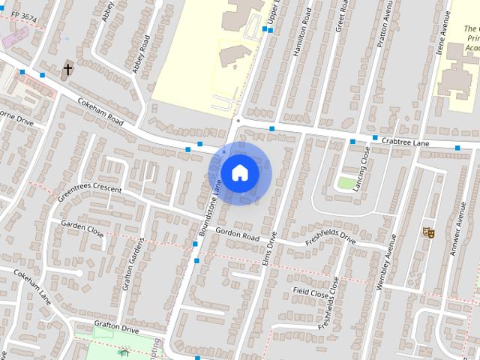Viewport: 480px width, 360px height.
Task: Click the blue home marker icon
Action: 240,173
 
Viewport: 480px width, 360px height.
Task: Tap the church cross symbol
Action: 67,70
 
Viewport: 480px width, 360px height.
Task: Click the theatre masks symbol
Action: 429,232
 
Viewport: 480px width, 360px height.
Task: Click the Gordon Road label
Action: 237,235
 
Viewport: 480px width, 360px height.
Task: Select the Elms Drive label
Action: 271,249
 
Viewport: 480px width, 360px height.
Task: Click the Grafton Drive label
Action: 116,327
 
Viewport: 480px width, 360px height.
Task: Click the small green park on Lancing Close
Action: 346,182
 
